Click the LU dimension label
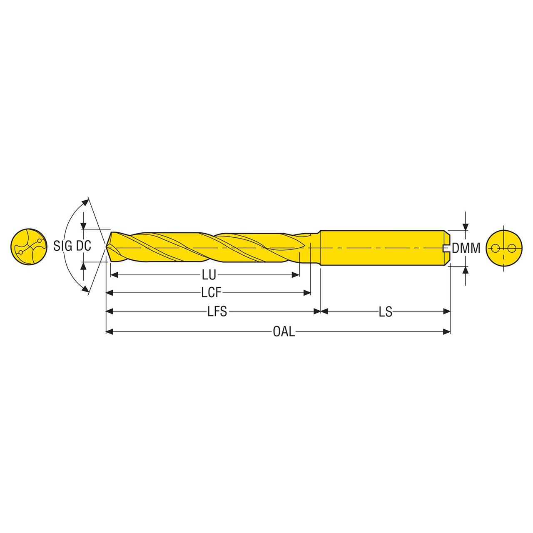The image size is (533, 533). [209, 275]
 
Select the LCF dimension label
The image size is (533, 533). [211, 293]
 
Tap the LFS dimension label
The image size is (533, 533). [217, 311]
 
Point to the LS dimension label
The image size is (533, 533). [386, 311]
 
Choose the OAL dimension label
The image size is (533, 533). [284, 331]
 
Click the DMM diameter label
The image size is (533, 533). [466, 248]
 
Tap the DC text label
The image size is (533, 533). [84, 246]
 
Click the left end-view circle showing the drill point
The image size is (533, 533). [29, 247]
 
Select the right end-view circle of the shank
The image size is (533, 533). [504, 248]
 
